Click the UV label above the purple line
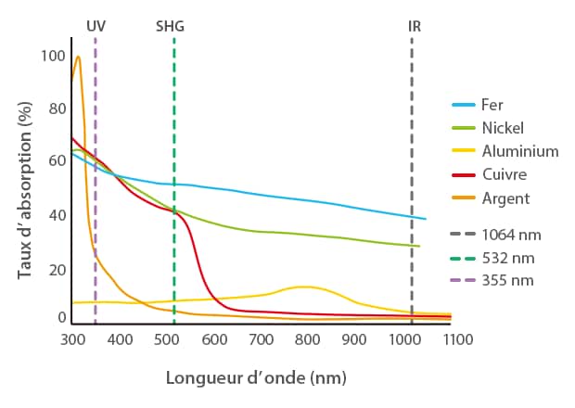tap(96, 26)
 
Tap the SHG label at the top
tap(171, 26)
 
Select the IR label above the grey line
tap(415, 26)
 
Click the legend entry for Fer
tap(492, 105)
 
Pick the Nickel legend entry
tap(503, 128)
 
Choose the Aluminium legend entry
tap(519, 151)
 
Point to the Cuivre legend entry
tap(505, 174)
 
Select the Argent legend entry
tap(505, 198)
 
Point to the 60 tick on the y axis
tap(57, 161)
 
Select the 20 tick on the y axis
tap(57, 270)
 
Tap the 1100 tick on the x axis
tap(451, 340)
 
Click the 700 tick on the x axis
tap(262, 340)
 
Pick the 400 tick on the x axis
tap(120, 340)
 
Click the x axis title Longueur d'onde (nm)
tap(256, 378)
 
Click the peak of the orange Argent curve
tap(78, 57)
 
